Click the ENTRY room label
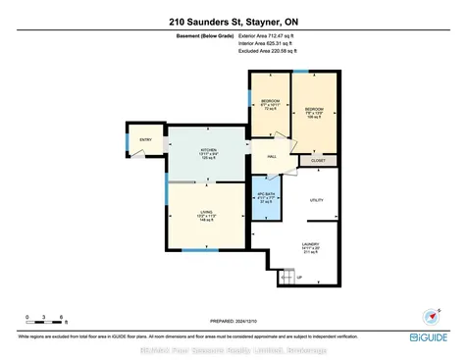[145, 140]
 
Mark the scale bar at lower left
[46, 320]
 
